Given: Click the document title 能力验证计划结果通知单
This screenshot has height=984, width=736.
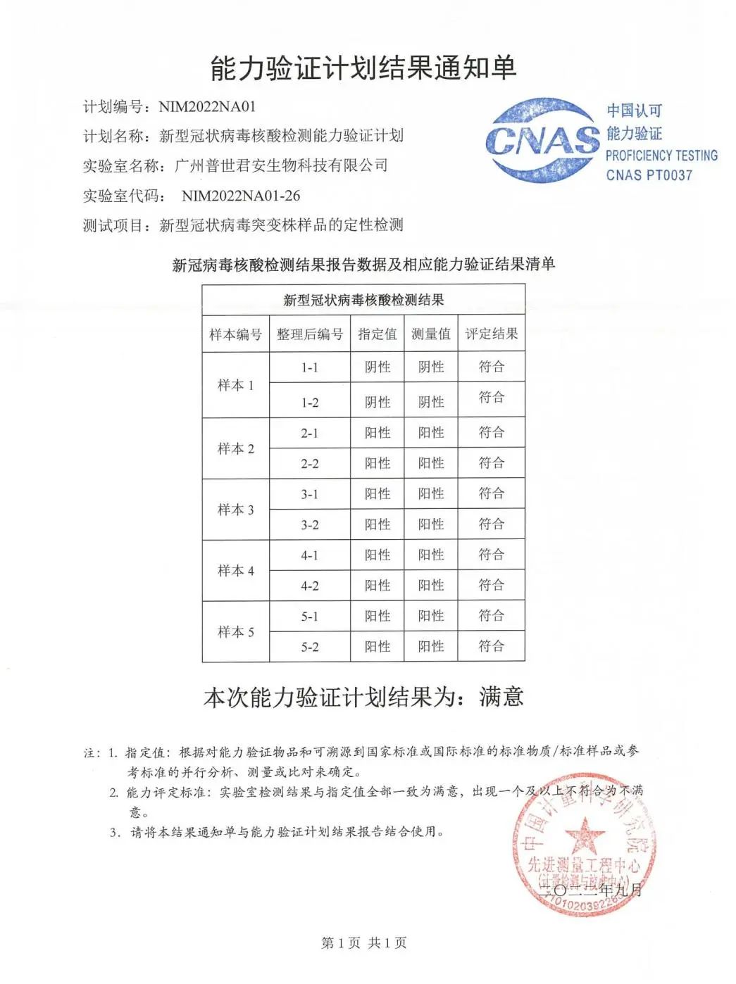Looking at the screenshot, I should (363, 68).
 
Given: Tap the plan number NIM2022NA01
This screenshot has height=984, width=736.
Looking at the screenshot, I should (207, 107).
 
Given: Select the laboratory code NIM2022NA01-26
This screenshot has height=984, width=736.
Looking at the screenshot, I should (241, 196).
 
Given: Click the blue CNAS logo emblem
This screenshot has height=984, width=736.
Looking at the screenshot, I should (542, 140).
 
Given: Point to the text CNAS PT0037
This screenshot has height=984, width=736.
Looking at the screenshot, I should (649, 175).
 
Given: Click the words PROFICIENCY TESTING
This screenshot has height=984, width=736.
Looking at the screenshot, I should (661, 156).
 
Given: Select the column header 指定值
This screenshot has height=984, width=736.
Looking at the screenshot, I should (378, 334).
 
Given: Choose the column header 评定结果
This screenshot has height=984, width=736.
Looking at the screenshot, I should (491, 334).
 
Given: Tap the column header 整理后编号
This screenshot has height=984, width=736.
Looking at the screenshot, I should (310, 334).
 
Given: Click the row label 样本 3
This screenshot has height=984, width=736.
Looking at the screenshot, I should (235, 510).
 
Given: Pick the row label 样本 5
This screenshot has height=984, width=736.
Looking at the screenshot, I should (235, 632).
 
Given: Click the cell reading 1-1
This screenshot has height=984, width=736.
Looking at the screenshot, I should (310, 367).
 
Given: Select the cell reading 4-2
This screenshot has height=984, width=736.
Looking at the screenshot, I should (310, 586).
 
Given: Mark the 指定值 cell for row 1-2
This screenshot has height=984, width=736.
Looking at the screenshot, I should (378, 402).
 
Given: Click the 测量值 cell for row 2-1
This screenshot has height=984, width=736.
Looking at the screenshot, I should (431, 433).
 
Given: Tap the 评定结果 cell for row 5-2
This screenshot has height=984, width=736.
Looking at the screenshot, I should (491, 646).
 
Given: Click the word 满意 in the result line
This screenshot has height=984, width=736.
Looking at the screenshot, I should (501, 697).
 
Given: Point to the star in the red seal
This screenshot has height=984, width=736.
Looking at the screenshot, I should (584, 837).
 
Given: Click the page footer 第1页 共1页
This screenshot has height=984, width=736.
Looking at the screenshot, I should (363, 943).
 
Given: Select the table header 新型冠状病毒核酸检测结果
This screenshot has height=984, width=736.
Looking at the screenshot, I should (363, 301).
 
